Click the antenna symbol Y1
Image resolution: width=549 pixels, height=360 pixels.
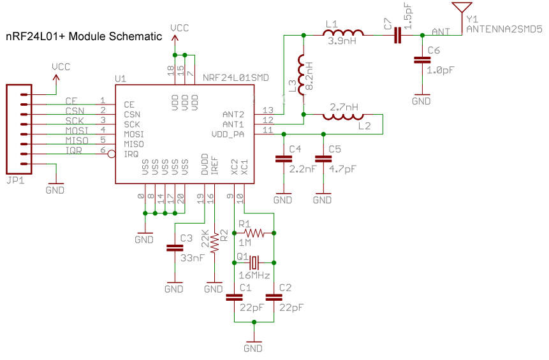[x=462, y=8]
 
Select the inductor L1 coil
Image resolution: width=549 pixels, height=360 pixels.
[x=343, y=32]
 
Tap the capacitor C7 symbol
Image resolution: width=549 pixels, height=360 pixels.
[x=397, y=35]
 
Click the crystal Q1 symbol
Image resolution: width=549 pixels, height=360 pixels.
[x=254, y=263]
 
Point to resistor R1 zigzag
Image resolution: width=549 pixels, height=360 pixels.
[x=254, y=233]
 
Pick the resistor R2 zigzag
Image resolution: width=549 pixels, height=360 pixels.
[x=214, y=243]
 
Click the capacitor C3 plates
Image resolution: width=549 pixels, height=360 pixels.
[x=175, y=248]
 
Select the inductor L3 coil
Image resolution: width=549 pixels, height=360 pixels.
[x=302, y=75]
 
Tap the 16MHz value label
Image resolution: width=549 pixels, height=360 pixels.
[x=254, y=275]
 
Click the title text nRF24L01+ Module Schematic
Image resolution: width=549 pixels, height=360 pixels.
[x=84, y=36]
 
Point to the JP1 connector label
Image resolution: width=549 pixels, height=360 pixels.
[x=15, y=180]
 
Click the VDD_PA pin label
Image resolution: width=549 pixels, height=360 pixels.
[x=228, y=134]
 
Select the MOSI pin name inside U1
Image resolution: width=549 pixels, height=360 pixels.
[x=134, y=134]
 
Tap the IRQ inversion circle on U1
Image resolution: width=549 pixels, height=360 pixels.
[x=112, y=154]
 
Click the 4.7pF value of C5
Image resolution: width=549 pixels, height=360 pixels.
[x=342, y=169]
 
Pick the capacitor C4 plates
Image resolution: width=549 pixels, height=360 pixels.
[x=284, y=159]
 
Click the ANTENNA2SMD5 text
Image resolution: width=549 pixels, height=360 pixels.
[x=504, y=29]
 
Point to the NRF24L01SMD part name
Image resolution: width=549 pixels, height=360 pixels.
[x=236, y=78]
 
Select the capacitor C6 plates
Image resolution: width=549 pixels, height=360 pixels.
[x=422, y=60]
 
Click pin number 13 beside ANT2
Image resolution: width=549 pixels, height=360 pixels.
[x=268, y=110]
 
